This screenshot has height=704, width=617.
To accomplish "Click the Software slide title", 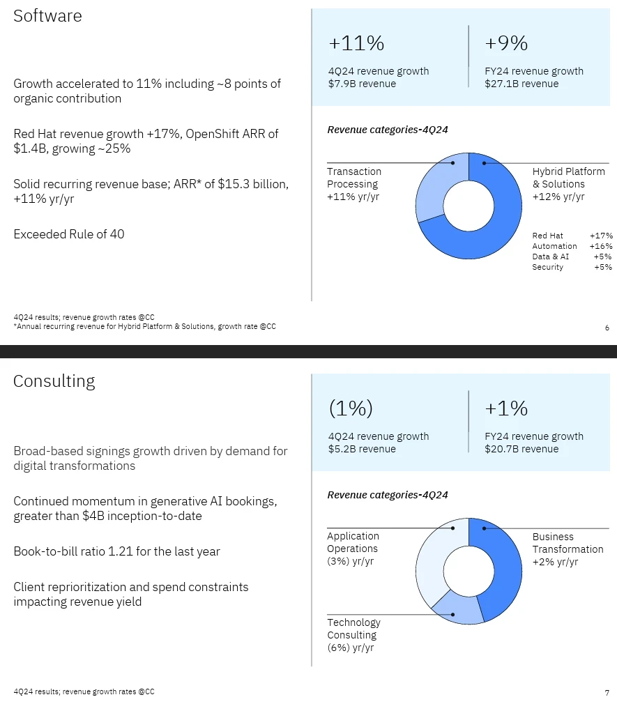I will click(47, 16).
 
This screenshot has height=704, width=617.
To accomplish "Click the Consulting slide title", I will click(54, 381).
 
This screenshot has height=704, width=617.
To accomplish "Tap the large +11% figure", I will click(356, 44).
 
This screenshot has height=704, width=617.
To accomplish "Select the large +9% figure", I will click(506, 44).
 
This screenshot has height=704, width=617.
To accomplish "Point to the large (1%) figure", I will click(351, 408).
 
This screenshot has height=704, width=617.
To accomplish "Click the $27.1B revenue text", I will click(521, 84).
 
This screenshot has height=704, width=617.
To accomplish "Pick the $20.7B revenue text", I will click(521, 449).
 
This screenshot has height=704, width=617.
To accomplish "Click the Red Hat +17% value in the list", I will click(600, 236).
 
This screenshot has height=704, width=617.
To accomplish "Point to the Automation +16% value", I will click(600, 246).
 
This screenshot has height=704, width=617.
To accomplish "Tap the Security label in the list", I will click(547, 267).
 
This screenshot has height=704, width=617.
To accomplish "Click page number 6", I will click(607, 327).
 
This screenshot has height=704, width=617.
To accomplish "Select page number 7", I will click(607, 692).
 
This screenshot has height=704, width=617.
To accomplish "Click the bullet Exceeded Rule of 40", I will click(69, 234).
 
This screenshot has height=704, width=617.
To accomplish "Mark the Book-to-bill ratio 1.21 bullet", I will click(116, 551).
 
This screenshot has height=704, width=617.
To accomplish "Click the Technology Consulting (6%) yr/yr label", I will click(354, 635).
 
